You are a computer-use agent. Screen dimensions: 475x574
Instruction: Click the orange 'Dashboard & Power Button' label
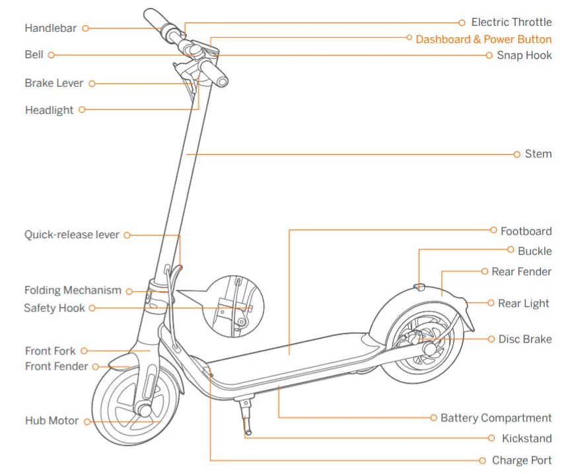[484, 39]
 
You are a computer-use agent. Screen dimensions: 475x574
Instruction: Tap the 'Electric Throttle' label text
[511, 22]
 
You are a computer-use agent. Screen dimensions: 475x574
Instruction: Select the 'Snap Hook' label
[524, 56]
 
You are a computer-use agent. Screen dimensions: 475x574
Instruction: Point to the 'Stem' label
[538, 154]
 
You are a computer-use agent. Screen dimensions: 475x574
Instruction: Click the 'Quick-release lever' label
[72, 235]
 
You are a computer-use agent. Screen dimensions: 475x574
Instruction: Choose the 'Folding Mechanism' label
[73, 290]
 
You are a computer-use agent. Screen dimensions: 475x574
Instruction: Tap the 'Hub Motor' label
[52, 421]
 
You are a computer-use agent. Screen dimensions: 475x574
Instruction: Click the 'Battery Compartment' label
[496, 418]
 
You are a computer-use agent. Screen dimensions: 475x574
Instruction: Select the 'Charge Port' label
[522, 460]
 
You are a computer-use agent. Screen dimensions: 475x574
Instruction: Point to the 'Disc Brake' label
[525, 339]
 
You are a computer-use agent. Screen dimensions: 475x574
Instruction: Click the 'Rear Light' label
[524, 304]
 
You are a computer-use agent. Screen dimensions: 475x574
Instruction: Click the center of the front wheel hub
[144, 410]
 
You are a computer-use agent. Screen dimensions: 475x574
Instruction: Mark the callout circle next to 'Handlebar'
[85, 28]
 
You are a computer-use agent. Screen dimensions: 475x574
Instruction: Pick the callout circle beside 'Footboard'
[493, 231]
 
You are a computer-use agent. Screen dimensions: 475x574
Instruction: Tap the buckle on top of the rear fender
[419, 286]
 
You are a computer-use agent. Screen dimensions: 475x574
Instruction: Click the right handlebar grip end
[222, 81]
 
